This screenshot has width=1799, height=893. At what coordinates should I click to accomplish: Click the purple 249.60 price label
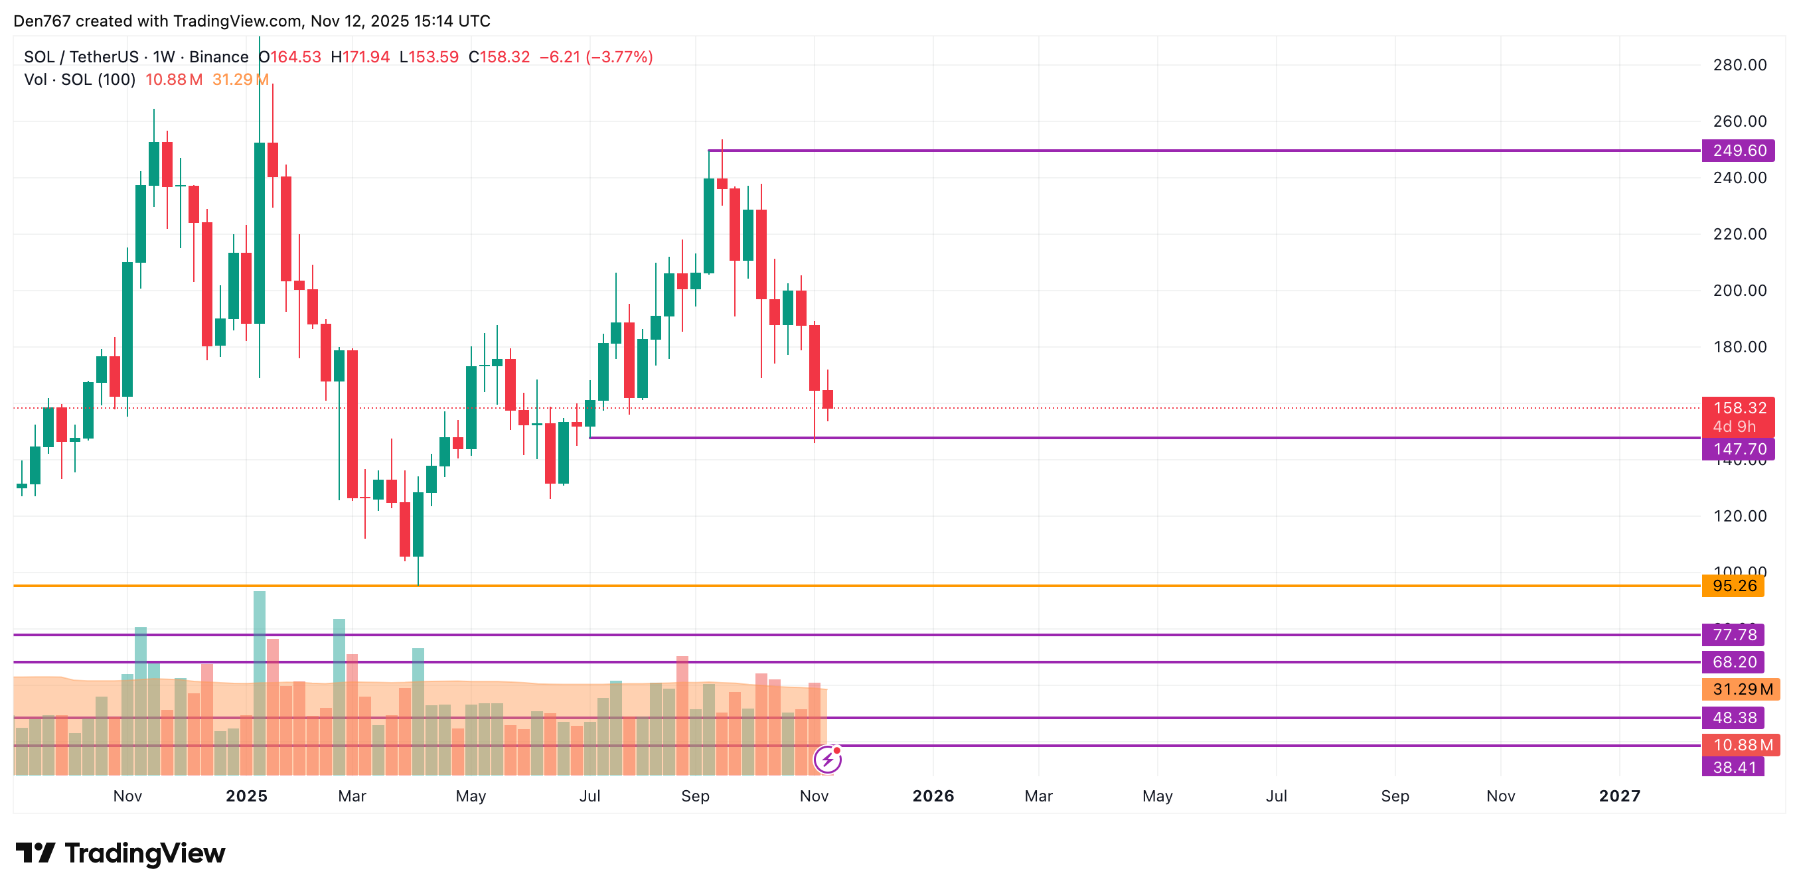1737,150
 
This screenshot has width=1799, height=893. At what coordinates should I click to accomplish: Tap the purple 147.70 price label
1737,449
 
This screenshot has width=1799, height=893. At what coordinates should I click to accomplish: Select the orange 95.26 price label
1733,586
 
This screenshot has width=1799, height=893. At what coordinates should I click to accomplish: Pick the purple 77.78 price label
1733,635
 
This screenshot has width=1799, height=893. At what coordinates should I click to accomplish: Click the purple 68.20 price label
1733,662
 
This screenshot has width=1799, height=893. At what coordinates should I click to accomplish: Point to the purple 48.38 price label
1733,718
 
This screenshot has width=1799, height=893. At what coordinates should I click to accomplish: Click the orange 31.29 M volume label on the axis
1741,689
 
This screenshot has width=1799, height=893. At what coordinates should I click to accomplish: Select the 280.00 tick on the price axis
1739,65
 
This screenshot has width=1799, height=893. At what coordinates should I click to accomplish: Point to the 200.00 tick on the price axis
1739,291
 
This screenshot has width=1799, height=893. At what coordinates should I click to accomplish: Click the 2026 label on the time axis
933,796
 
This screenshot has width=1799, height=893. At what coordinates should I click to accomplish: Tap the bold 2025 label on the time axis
246,796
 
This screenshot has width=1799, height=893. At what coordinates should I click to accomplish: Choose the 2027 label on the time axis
1620,796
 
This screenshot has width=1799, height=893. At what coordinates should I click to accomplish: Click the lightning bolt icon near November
828,759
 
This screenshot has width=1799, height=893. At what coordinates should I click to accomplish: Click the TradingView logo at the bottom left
121,853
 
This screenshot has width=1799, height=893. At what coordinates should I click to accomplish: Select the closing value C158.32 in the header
499,57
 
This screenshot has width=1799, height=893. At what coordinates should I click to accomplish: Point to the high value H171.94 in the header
360,57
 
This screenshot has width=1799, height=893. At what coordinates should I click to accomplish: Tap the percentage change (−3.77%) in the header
619,57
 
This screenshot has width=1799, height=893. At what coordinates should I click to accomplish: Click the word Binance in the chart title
218,57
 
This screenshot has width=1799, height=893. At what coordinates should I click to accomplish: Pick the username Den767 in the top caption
42,21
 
